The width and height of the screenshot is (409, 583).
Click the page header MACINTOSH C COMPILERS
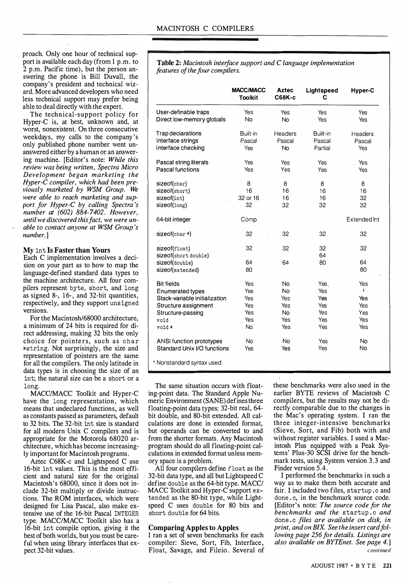(205, 28)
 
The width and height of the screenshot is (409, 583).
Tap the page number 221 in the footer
(387, 565)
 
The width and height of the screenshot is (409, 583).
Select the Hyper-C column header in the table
(362, 90)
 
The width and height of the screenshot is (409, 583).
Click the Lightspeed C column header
(322, 94)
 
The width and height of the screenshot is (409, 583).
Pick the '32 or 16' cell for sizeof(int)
(248, 198)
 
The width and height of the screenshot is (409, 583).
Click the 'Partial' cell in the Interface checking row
(322, 148)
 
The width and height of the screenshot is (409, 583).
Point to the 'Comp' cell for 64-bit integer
(249, 219)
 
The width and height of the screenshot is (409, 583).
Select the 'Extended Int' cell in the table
(363, 219)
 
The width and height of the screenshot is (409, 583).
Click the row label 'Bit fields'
(168, 284)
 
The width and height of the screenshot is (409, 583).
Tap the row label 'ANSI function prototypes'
(189, 341)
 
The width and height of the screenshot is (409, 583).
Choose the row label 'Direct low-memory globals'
(191, 119)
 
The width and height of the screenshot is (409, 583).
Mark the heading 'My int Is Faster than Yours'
(67, 250)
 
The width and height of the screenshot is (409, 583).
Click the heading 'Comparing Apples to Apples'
(194, 527)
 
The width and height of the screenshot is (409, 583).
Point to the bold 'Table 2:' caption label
(169, 63)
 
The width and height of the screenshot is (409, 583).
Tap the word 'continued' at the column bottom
(379, 550)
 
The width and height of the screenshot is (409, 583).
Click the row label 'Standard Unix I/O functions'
(193, 348)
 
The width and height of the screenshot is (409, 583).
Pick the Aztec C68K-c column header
(285, 94)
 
